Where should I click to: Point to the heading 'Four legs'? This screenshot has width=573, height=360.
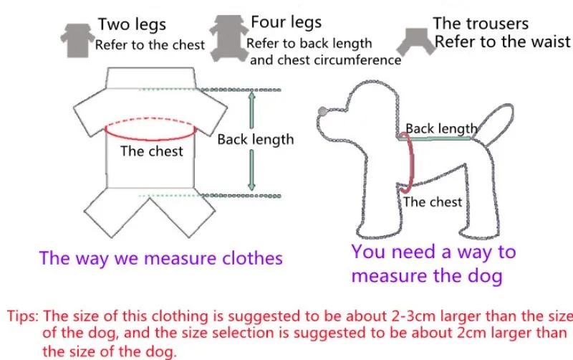click(x=286, y=22)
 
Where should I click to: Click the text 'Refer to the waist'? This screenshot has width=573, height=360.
click(x=502, y=42)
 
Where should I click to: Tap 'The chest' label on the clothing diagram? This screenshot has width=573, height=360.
click(x=152, y=151)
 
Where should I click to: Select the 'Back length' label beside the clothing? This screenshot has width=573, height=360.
click(x=256, y=139)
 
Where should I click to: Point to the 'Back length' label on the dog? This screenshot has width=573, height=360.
click(x=441, y=129)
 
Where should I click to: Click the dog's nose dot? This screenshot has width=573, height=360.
click(x=322, y=111)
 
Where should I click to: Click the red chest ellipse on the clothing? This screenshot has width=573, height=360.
click(x=151, y=130)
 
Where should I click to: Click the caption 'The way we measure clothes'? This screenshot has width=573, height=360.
click(x=161, y=258)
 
